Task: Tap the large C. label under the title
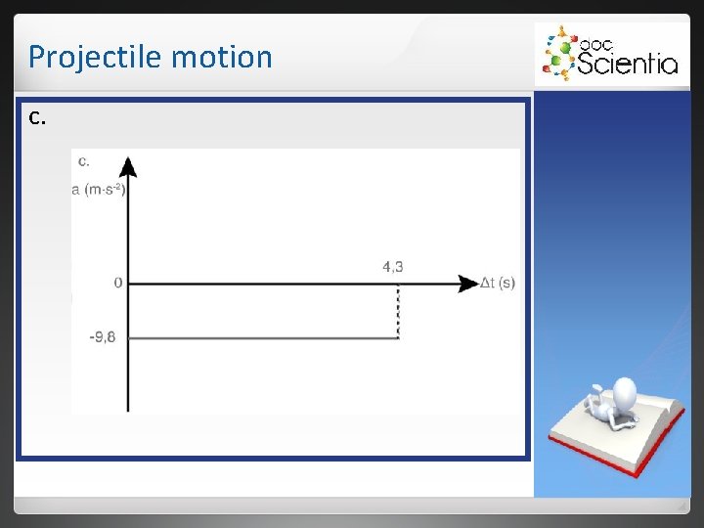click(37, 119)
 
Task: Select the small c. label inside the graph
click(84, 160)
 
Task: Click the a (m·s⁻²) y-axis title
click(98, 190)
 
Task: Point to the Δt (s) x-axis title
click(498, 284)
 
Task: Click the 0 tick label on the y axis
click(118, 284)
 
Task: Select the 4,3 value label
click(393, 266)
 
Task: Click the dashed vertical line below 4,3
click(398, 311)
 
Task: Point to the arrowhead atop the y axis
click(128, 166)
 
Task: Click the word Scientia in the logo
click(628, 64)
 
